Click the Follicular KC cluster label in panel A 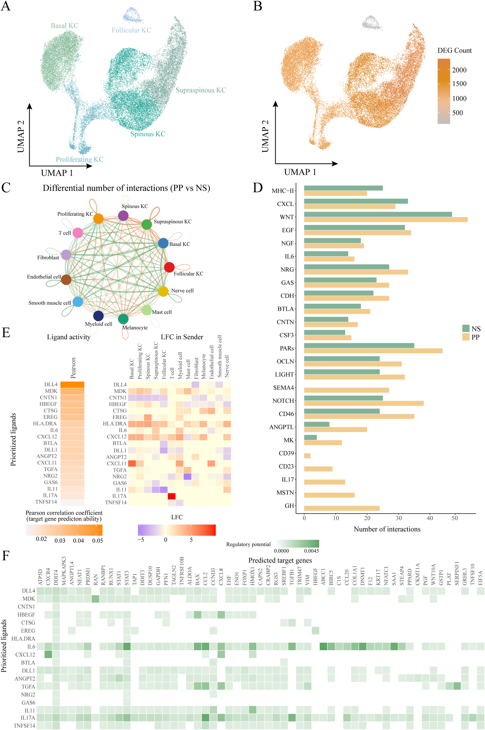pos(131,30)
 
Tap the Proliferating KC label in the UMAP pos(79,159)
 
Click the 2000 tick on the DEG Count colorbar pos(459,70)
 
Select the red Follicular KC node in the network pos(169,267)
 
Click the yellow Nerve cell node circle pos(163,291)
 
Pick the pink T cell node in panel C pos(78,233)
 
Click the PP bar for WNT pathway pos(385,220)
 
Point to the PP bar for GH pos(341,508)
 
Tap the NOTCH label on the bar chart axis pos(283,401)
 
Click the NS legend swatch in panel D pos(466,328)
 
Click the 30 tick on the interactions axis pos(399,518)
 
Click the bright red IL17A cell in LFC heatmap pos(171,496)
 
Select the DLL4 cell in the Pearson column pos(72,385)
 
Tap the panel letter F pos(6,555)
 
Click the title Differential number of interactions pos(126,188)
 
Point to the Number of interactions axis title pos(387,529)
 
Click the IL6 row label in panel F pos(31,646)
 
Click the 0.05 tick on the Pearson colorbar pos(97,540)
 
